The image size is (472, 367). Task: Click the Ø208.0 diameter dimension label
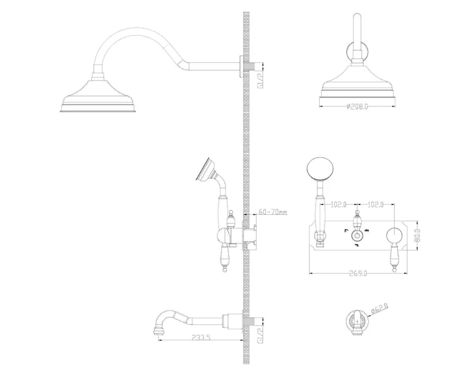(357, 106)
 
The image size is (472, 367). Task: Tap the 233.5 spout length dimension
(201, 337)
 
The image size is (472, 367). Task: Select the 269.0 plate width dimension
(358, 273)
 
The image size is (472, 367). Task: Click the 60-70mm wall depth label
(273, 212)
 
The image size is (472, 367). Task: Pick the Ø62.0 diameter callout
(380, 309)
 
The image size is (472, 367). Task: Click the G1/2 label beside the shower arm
(261, 81)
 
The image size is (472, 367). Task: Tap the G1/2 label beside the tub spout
(261, 336)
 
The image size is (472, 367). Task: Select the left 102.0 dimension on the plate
(339, 204)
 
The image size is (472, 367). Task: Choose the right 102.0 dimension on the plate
(376, 204)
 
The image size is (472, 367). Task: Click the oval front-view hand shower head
(320, 169)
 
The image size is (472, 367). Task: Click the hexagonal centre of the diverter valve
(357, 235)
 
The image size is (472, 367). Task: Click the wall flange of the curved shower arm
(241, 66)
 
